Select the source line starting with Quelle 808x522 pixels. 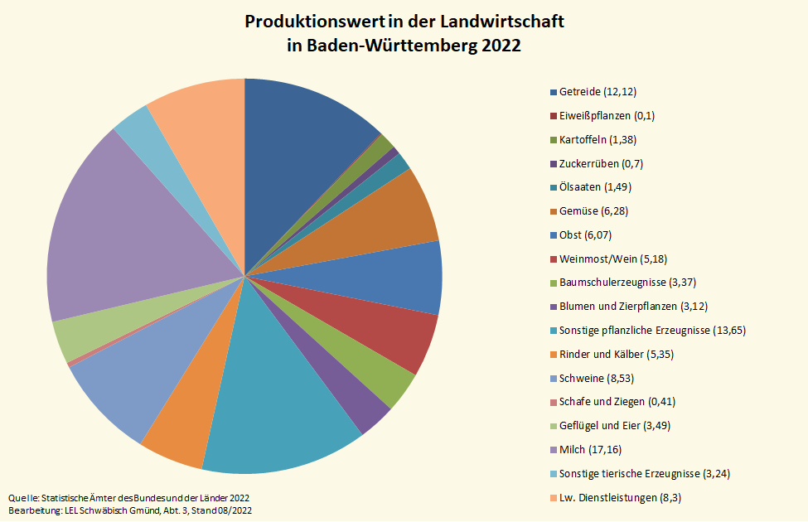coord(128,497)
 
